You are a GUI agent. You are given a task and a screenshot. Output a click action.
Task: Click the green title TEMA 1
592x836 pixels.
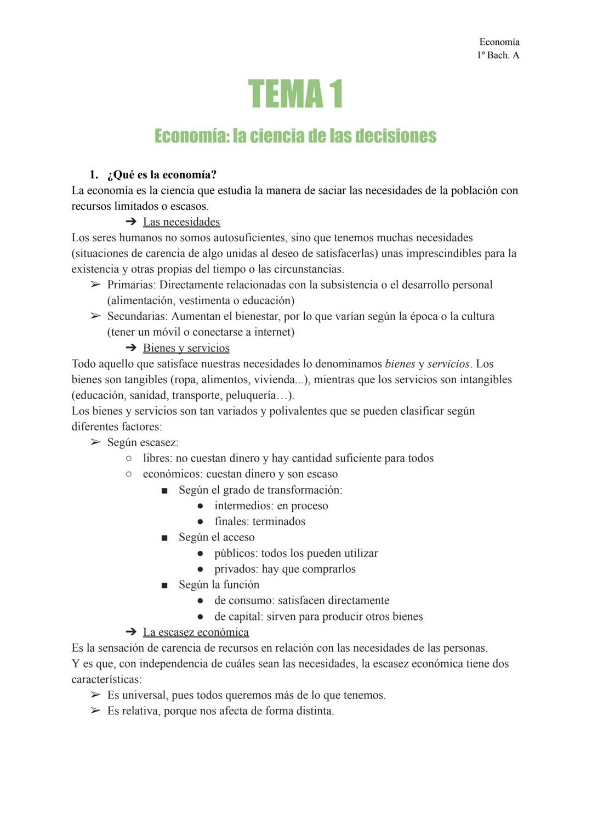295,94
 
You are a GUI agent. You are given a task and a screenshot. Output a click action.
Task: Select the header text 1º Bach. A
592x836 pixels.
498,55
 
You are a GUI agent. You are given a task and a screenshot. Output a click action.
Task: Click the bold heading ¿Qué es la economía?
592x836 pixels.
162,175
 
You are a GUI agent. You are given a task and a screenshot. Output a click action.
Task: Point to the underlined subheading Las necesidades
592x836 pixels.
181,222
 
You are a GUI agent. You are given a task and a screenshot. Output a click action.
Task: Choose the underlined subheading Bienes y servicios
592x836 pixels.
186,348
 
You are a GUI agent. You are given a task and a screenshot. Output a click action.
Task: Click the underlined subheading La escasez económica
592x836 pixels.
196,632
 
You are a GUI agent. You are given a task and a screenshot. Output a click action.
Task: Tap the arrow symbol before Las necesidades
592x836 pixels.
130,222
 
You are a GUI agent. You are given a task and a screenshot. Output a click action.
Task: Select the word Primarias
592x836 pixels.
131,285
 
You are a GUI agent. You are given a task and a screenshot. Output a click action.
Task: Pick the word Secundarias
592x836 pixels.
137,316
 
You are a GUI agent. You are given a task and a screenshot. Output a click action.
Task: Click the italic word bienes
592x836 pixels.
400,364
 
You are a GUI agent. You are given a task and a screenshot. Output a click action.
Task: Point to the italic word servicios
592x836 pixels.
448,364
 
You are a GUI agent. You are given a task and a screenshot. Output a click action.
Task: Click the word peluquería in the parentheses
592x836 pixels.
252,395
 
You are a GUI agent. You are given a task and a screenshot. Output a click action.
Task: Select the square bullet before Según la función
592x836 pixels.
164,585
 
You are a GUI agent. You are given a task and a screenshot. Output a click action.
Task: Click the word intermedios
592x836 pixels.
243,506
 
